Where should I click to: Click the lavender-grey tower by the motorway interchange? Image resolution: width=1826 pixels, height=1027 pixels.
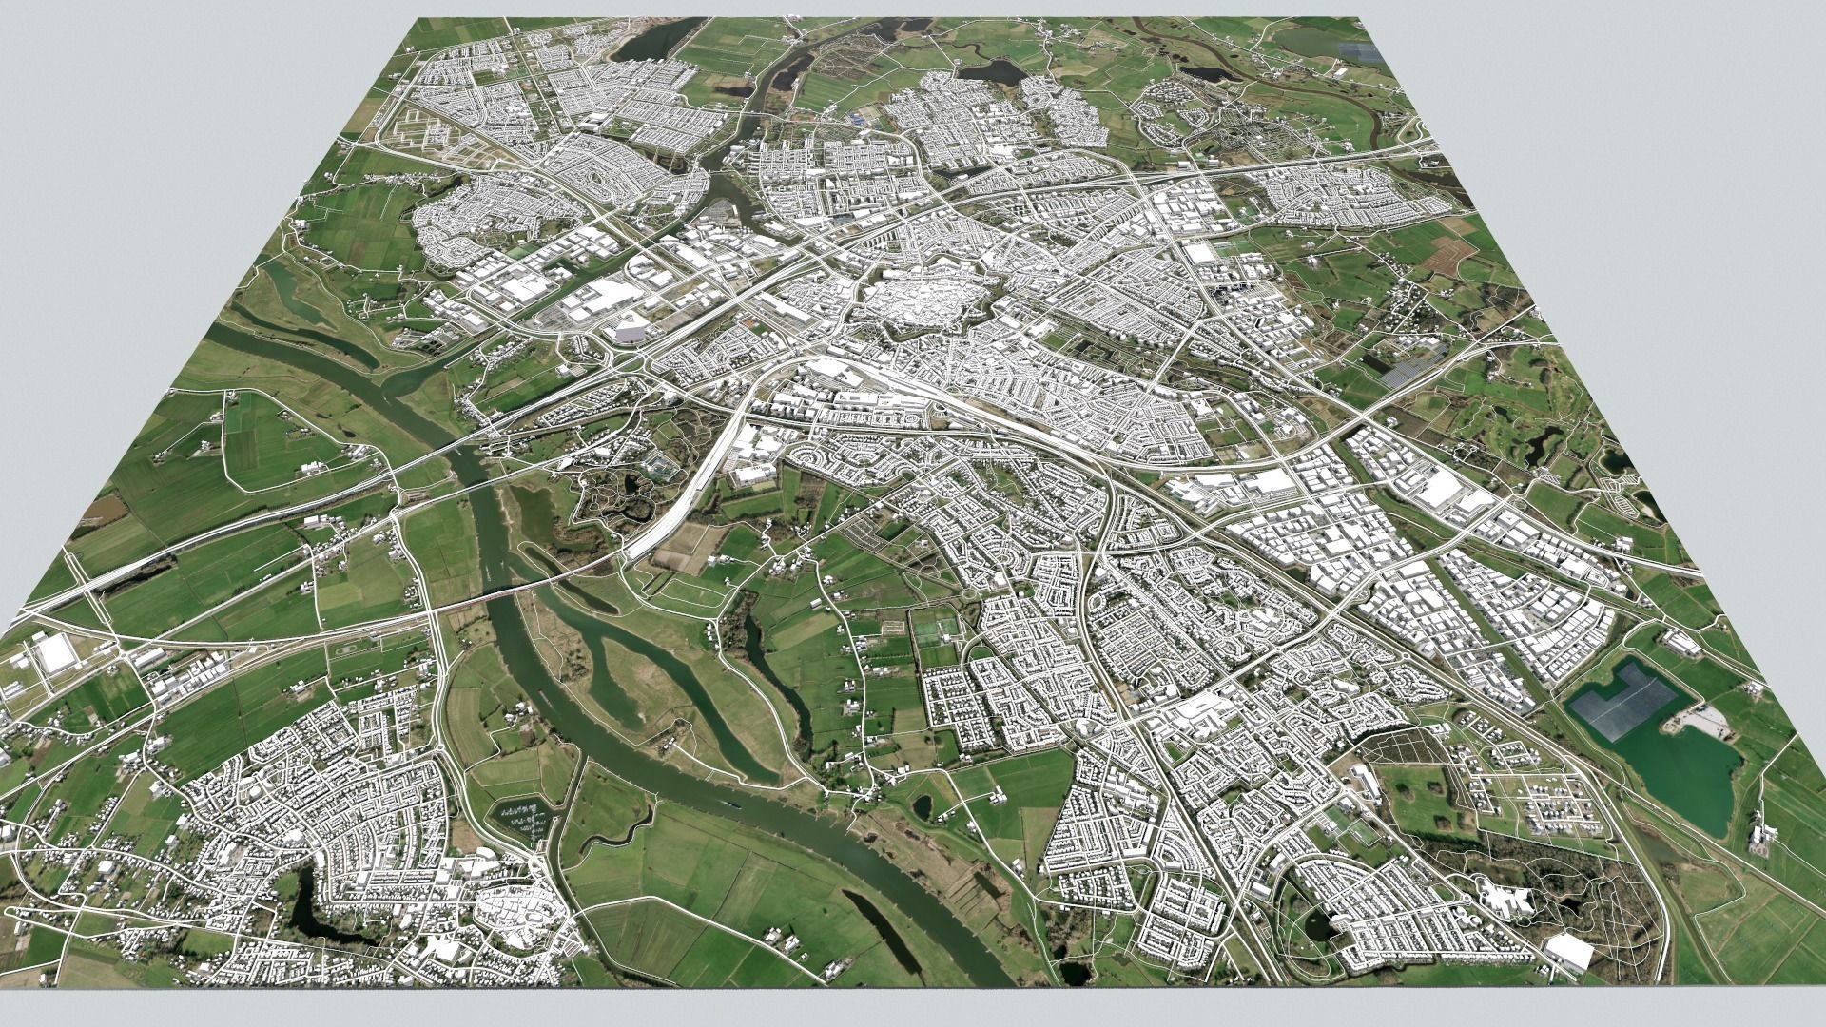pos(631,332)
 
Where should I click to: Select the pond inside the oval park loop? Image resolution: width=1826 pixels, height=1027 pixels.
pos(1318,922)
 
